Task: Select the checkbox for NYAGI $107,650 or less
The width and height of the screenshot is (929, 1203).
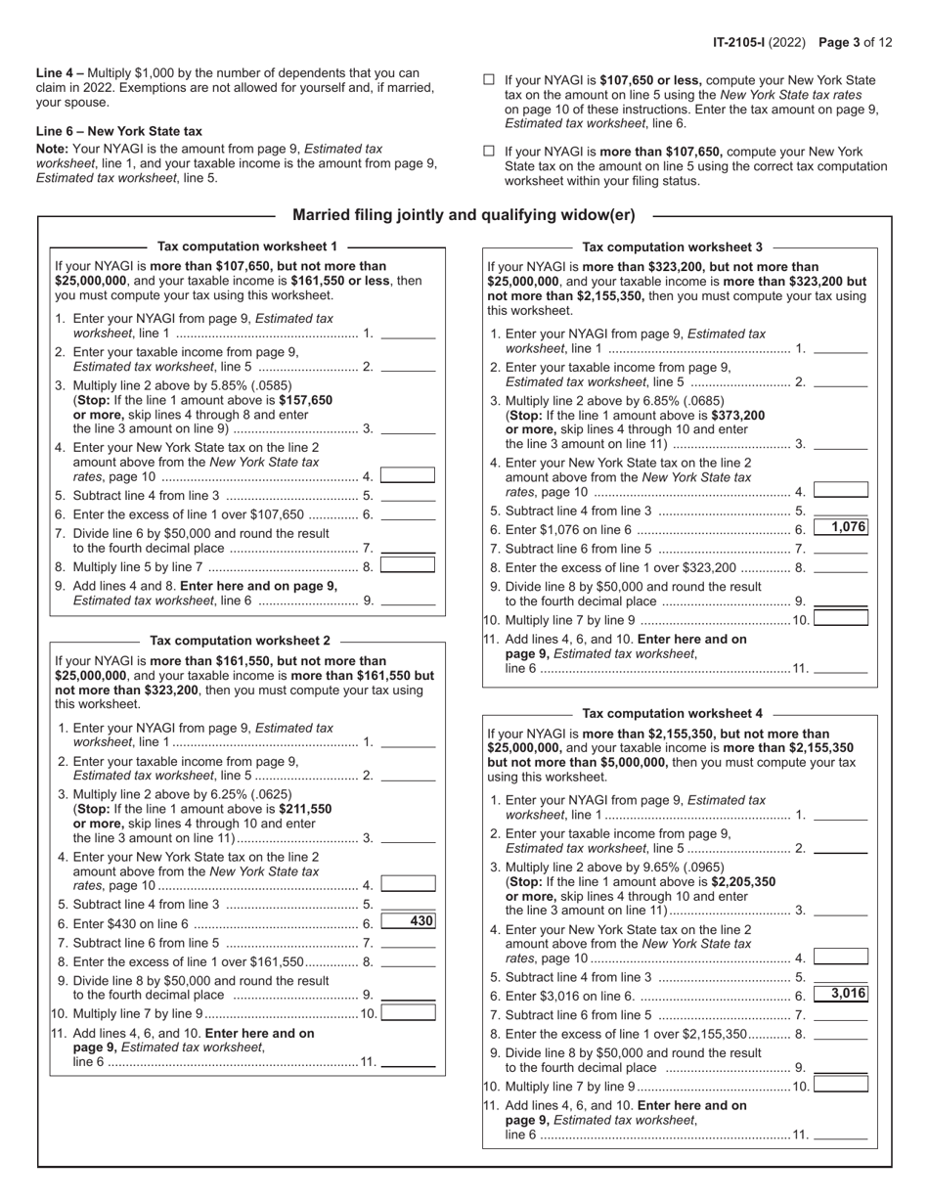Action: pyautogui.click(x=489, y=81)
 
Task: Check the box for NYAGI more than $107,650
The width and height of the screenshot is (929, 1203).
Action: pyautogui.click(x=489, y=152)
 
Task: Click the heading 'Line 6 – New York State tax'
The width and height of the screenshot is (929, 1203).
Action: pyautogui.click(x=119, y=131)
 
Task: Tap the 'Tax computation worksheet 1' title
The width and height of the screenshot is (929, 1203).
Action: pyautogui.click(x=247, y=246)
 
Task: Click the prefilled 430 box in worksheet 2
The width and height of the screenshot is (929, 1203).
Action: pyautogui.click(x=408, y=920)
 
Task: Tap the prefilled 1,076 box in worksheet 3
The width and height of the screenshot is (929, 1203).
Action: pyautogui.click(x=841, y=528)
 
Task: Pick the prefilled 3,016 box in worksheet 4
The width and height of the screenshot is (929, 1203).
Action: pyautogui.click(x=841, y=994)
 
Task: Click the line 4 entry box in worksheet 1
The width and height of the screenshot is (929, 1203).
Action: pyautogui.click(x=408, y=475)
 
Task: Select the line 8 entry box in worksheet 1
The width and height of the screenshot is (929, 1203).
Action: pyautogui.click(x=408, y=564)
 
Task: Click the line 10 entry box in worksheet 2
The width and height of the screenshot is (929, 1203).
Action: pyautogui.click(x=408, y=1012)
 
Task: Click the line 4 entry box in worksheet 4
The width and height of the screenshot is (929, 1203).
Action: pyautogui.click(x=841, y=957)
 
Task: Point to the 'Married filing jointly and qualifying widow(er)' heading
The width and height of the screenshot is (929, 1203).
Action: pyautogui.click(x=464, y=215)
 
